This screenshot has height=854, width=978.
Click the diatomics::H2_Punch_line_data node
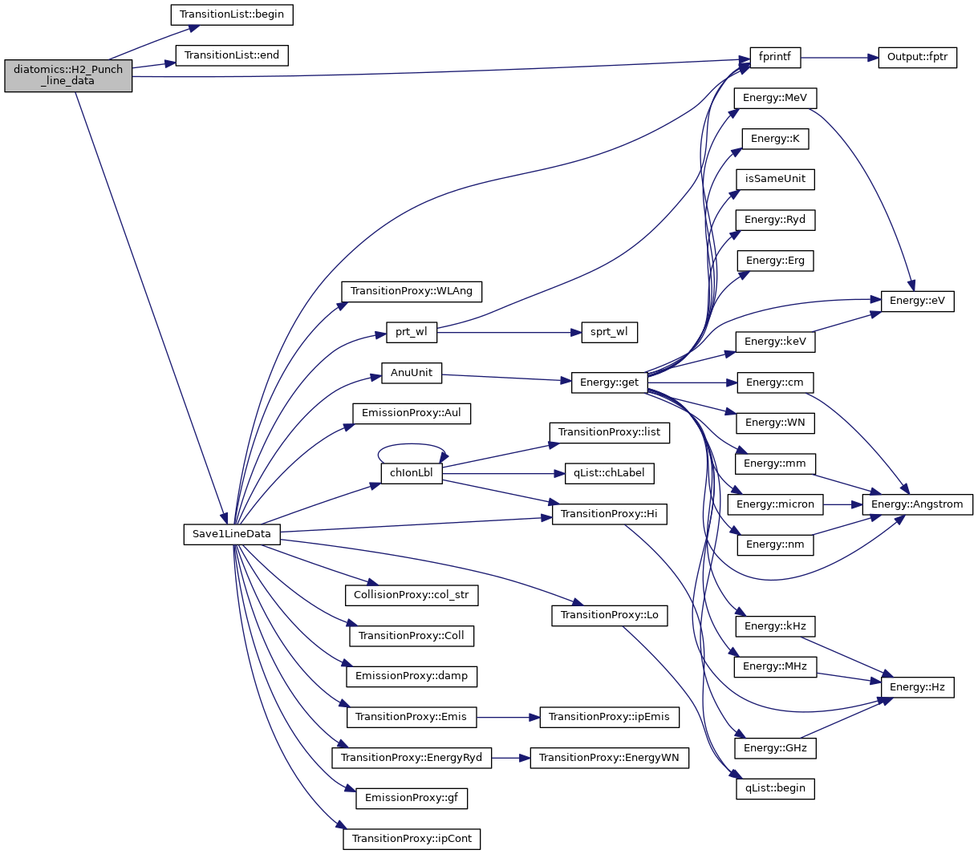(68, 75)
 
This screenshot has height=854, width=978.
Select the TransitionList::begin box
(232, 14)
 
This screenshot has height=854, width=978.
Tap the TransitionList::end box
(232, 55)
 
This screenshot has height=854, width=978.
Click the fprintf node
(775, 58)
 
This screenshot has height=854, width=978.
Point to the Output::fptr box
(917, 58)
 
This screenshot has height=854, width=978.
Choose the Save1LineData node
(232, 534)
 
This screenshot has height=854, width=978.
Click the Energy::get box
(609, 382)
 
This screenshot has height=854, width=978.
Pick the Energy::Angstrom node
(917, 504)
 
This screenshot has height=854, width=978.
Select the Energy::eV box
(917, 302)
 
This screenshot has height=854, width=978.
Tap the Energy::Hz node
(917, 687)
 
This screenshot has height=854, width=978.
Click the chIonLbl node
(412, 473)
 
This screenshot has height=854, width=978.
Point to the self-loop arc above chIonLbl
(412, 445)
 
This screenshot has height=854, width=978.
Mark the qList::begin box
(775, 788)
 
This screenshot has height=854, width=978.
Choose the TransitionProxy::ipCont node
(412, 839)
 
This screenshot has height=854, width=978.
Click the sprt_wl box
(609, 332)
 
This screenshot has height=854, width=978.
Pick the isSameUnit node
(775, 179)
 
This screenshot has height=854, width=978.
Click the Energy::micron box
(775, 504)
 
